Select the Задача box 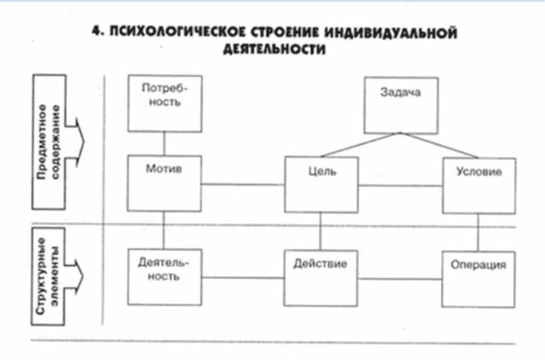click(x=400, y=104)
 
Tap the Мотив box click(x=164, y=183)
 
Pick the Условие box click(x=479, y=185)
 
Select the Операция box click(x=478, y=278)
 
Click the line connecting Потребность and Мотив click(x=164, y=144)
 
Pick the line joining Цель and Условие click(x=400, y=186)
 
